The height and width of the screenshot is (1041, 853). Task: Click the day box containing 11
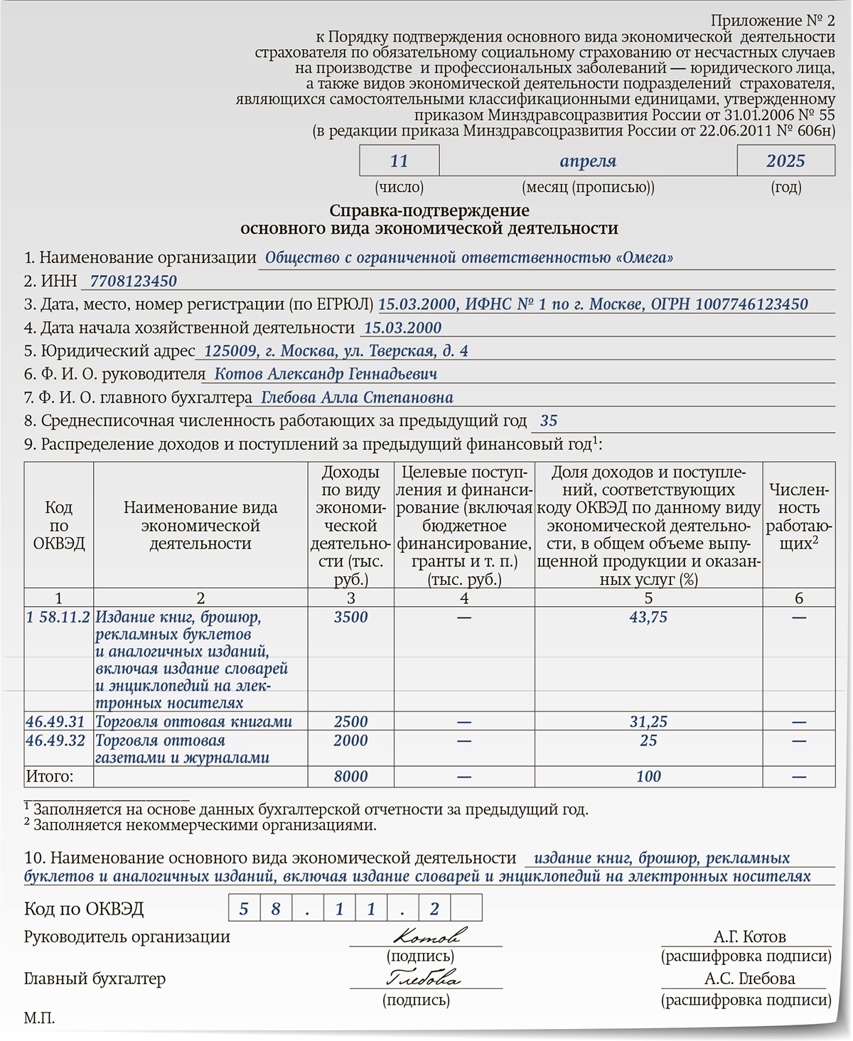399,161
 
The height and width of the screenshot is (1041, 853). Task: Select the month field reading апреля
588,161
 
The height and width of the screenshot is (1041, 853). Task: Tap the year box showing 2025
785,161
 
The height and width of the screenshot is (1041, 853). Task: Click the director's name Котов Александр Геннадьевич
326,374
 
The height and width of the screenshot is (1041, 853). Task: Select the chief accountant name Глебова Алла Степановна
357,397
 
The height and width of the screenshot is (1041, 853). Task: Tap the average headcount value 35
549,421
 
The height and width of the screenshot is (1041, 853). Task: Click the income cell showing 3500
350,617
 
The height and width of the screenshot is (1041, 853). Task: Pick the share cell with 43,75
648,617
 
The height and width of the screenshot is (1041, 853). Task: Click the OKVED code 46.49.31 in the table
55,721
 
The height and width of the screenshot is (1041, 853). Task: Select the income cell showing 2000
350,740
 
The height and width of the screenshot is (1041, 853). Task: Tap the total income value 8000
350,776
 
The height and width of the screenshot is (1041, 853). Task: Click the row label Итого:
50,776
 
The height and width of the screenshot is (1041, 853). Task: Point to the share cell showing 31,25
648,721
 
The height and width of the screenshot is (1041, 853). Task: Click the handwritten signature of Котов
430,935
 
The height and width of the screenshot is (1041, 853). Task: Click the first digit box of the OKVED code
244,908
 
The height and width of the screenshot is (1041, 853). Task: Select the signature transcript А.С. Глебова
749,978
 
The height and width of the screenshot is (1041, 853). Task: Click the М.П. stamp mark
39,1018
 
